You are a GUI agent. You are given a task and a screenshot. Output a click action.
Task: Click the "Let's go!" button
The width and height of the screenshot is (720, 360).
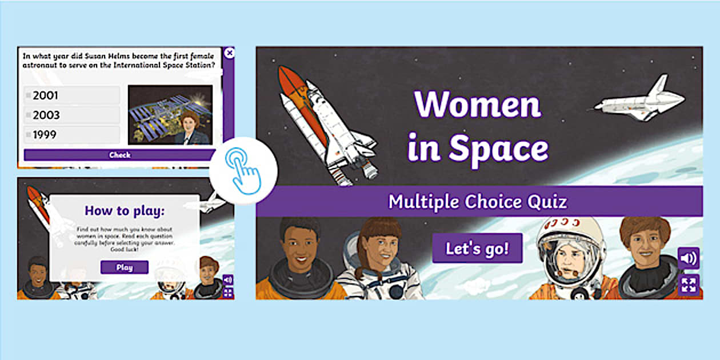coord(477,248)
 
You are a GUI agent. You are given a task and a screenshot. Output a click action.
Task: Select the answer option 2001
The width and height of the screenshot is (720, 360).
coord(72,95)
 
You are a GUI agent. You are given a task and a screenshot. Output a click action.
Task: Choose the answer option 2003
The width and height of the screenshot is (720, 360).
coord(72,115)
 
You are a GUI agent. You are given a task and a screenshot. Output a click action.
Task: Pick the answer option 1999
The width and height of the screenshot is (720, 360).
coord(72,135)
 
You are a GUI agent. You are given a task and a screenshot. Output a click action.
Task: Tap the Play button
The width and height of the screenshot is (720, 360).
coord(124,267)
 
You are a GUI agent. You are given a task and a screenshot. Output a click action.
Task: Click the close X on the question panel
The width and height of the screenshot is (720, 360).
coord(229,53)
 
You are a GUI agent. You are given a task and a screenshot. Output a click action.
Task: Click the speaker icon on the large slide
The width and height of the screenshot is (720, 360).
coord(688,258)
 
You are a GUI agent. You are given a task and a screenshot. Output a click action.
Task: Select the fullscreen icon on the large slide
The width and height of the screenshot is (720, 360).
coord(688,285)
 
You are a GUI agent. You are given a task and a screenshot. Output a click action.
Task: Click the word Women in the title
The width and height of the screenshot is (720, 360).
coord(477,104)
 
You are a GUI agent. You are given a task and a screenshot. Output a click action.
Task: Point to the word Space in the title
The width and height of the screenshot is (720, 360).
coord(498,147)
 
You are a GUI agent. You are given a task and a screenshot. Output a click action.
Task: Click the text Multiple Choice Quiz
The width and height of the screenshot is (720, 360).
coord(478,201)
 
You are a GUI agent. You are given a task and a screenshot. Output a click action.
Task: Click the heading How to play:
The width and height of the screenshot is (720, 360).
coord(124,211)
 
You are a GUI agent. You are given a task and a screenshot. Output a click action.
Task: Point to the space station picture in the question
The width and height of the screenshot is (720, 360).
coord(170,114)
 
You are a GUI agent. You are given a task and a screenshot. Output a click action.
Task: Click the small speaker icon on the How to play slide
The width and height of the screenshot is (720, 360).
coord(227,279)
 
